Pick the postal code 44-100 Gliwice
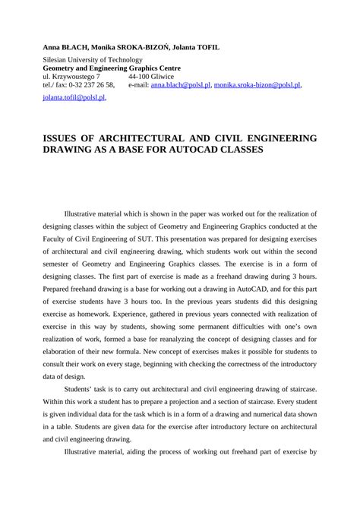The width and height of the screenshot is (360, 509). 151,77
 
